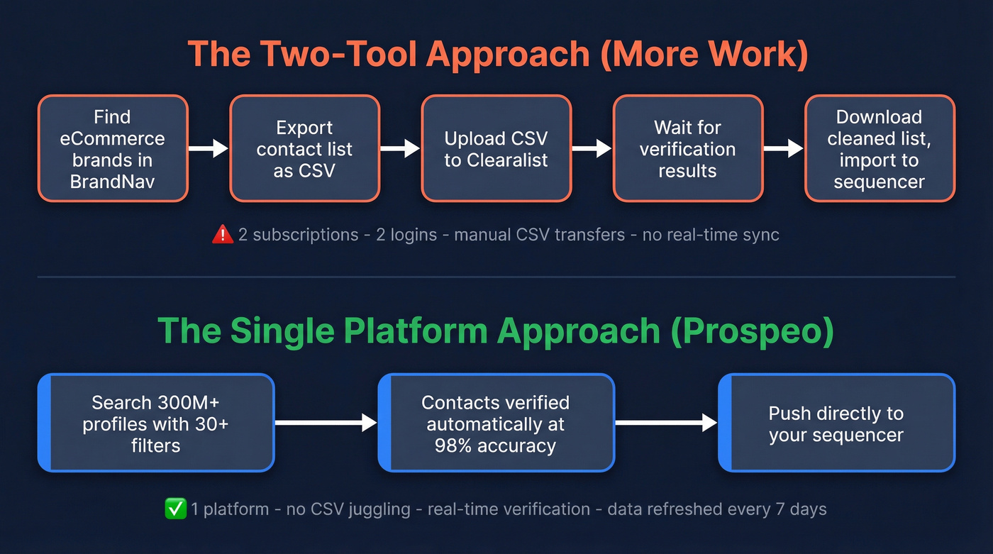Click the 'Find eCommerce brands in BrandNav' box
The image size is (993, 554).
[113, 149]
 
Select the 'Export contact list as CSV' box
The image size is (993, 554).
[304, 149]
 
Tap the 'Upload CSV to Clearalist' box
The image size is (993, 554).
[496, 149]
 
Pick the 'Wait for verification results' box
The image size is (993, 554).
[687, 149]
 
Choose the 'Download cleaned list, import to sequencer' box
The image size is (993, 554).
[879, 149]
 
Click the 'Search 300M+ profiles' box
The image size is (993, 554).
[155, 423]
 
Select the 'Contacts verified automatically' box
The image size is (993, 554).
[496, 423]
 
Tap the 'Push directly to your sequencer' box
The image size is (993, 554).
[836, 423]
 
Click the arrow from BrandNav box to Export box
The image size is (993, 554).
[209, 148]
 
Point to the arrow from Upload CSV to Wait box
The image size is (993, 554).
[592, 148]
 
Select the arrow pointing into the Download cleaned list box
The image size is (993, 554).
[783, 148]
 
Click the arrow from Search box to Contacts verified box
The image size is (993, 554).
[325, 423]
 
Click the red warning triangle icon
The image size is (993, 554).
[223, 235]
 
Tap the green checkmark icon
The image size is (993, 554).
[174, 509]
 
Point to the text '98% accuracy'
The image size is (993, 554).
[496, 445]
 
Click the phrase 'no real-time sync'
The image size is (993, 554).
[711, 235]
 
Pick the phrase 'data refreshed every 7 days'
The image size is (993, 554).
[716, 509]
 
